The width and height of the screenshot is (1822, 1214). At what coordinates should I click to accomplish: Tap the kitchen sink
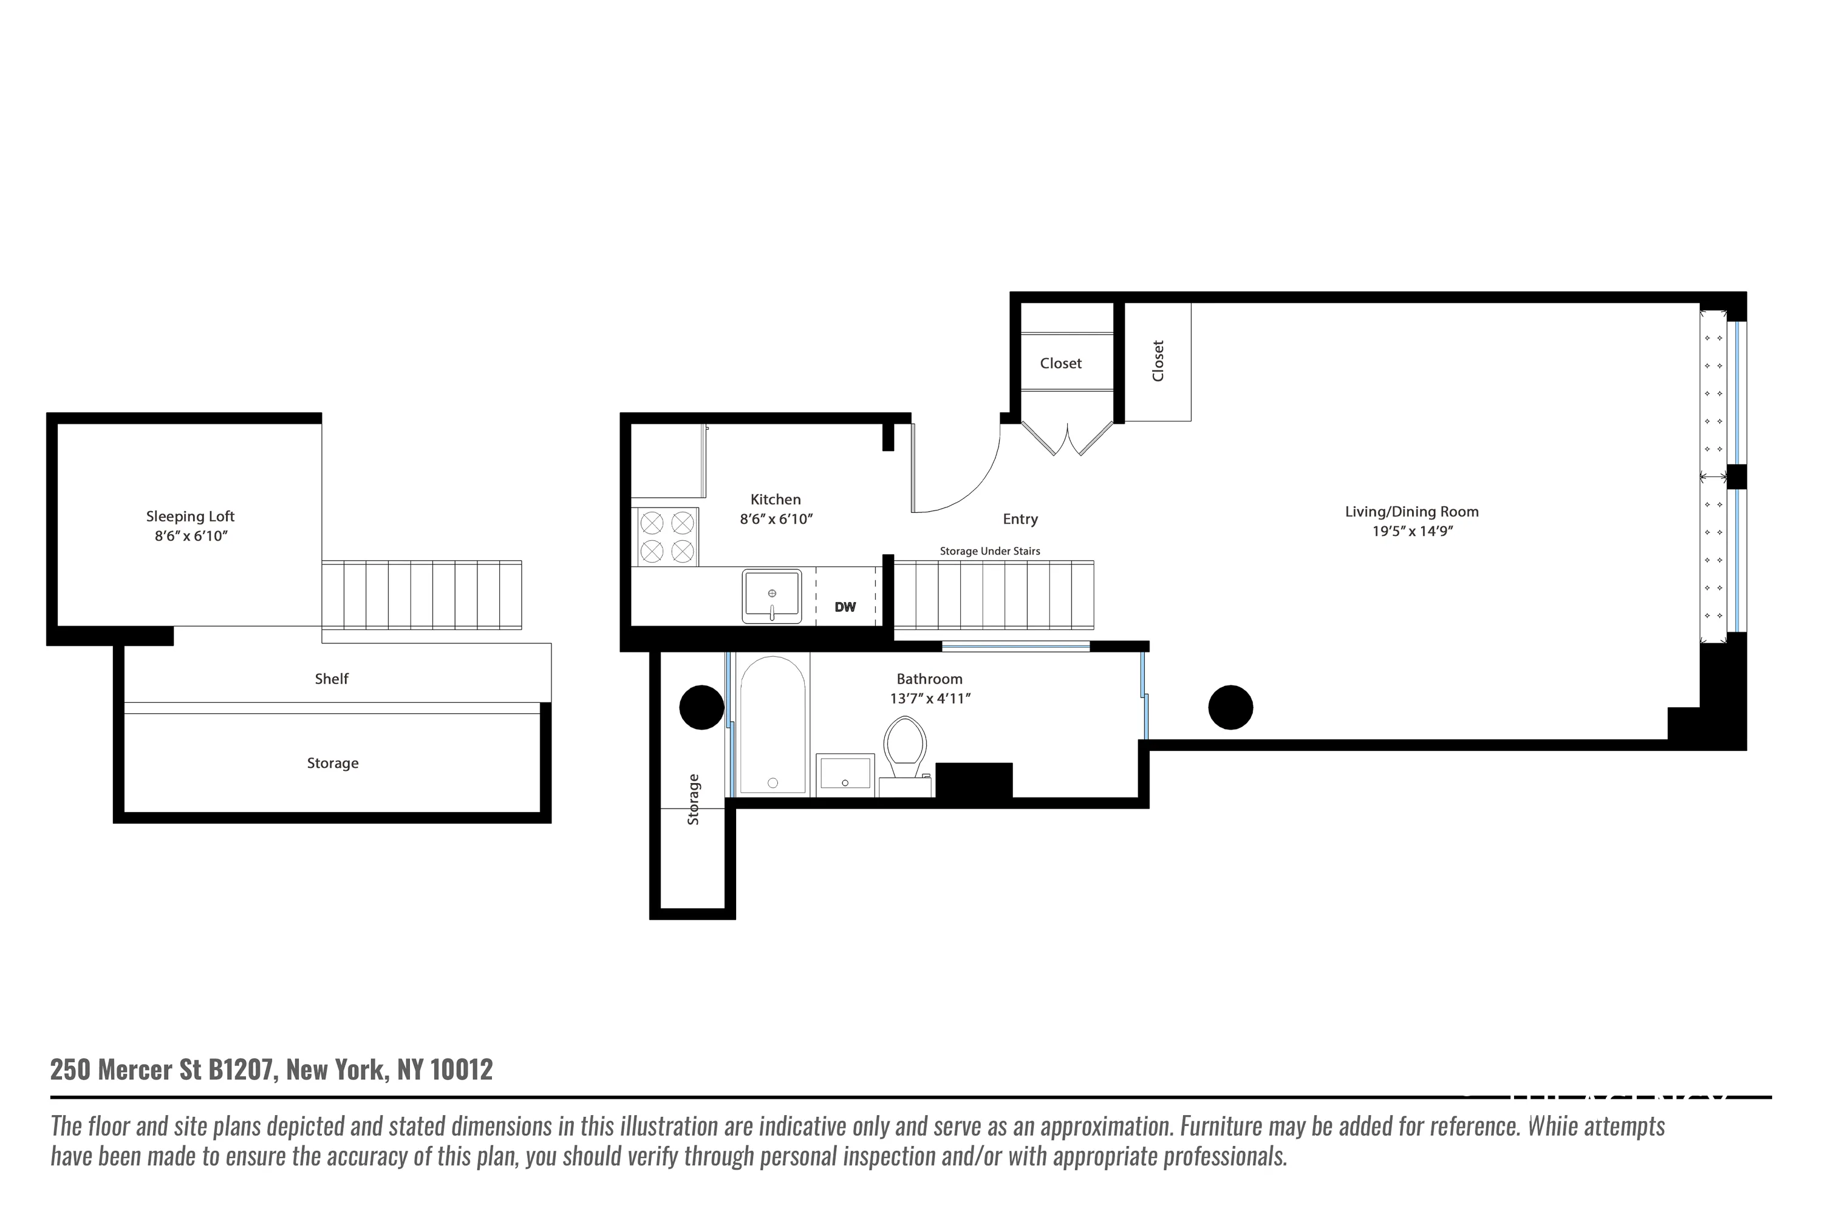coord(771,596)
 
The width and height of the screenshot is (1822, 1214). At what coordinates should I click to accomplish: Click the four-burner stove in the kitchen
coord(667,537)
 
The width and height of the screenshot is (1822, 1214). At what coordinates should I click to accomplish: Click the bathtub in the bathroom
coord(773,724)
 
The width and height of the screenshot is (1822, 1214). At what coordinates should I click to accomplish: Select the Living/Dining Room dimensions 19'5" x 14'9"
coord(1411,531)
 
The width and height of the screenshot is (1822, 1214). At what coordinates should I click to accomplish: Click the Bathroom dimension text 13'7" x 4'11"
coord(930,699)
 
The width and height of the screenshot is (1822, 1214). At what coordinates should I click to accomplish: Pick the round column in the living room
coord(1230,708)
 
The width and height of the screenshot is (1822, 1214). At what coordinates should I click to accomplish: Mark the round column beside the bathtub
coord(701,708)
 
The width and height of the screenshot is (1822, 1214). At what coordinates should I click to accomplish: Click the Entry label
coord(1020,520)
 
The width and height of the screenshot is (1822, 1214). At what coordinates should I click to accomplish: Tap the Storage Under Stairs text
coord(989,551)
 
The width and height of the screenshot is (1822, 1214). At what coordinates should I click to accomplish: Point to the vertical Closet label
coord(1158,361)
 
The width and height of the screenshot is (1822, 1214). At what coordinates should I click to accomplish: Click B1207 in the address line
coord(240,1069)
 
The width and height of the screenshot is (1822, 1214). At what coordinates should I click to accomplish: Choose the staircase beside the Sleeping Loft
coord(421,595)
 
